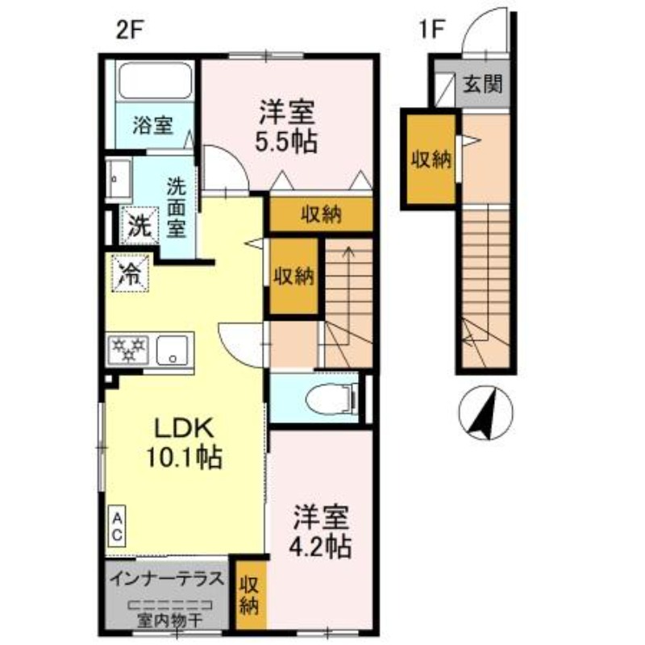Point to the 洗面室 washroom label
177,207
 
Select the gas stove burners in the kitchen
128,349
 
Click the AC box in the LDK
117,526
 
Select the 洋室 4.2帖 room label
320,531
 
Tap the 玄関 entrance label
482,83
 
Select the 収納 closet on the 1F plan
431,159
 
